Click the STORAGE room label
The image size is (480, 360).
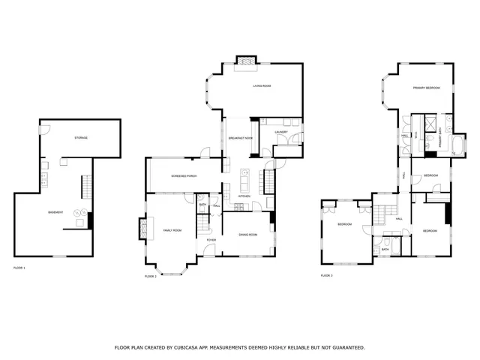click(x=80, y=138)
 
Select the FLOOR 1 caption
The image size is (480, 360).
click(x=19, y=268)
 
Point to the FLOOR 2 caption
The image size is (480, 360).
click(x=150, y=276)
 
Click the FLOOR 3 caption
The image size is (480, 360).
click(x=326, y=276)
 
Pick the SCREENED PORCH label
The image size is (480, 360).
click(x=184, y=177)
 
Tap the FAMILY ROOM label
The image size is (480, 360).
click(x=172, y=230)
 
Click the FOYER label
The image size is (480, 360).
click(x=211, y=240)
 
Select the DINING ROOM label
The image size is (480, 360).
click(x=248, y=235)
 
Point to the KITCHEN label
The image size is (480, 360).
click(x=244, y=196)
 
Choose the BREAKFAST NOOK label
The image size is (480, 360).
click(x=240, y=139)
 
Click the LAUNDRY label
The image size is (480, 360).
click(x=281, y=132)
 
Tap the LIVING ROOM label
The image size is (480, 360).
click(x=261, y=86)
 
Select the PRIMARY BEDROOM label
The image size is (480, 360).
click(x=426, y=88)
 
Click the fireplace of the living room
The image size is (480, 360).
click(x=245, y=62)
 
